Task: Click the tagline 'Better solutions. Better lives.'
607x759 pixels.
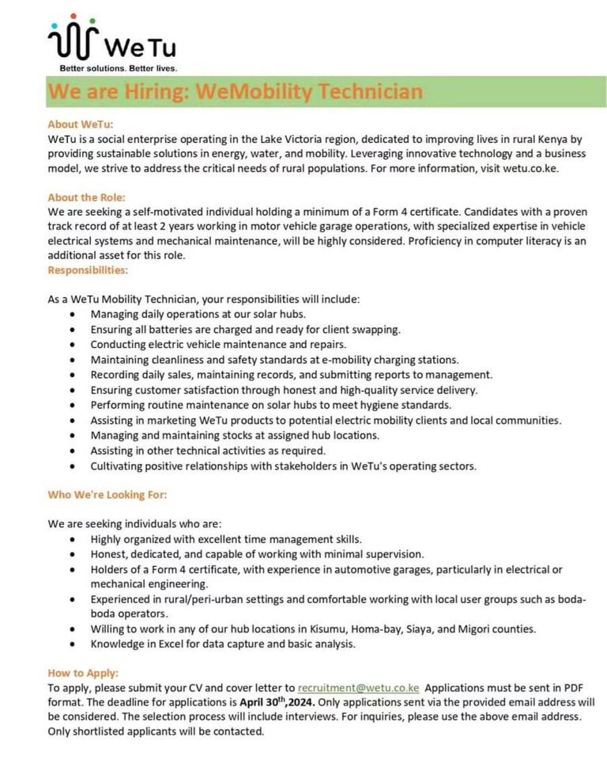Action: point(119,68)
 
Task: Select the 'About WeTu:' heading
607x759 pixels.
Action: point(81,124)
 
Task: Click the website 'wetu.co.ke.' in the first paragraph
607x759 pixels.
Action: point(530,168)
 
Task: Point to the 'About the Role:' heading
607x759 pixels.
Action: point(87,197)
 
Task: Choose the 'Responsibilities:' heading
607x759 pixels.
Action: point(88,270)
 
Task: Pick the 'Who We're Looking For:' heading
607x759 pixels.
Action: point(107,494)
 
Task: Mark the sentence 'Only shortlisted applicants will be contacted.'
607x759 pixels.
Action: point(156,731)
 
